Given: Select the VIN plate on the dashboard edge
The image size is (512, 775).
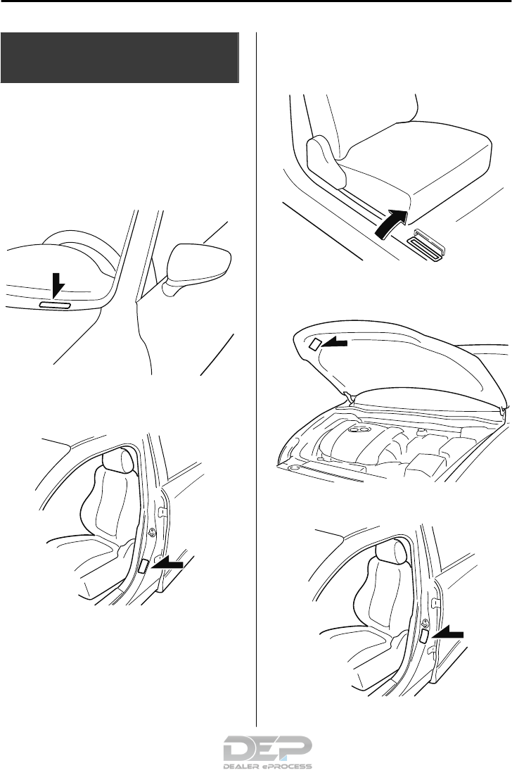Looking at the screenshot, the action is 55,305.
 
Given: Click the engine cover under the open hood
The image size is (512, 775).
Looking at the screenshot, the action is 366,437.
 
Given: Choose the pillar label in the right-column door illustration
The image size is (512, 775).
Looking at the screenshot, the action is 424,637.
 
